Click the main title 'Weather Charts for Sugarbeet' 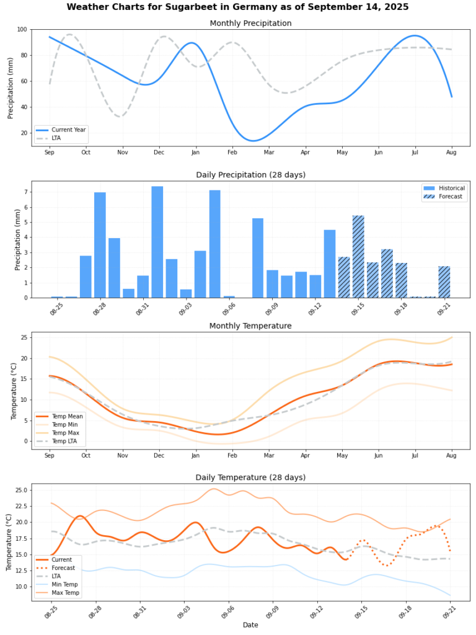point(238,7)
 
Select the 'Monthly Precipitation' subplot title point(250,24)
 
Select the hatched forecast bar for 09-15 point(358,257)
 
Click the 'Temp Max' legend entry point(64,432)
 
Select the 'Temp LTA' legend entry point(64,441)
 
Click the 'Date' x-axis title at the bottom point(250,625)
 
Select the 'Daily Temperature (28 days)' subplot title point(250,477)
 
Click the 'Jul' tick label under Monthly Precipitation point(415,153)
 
